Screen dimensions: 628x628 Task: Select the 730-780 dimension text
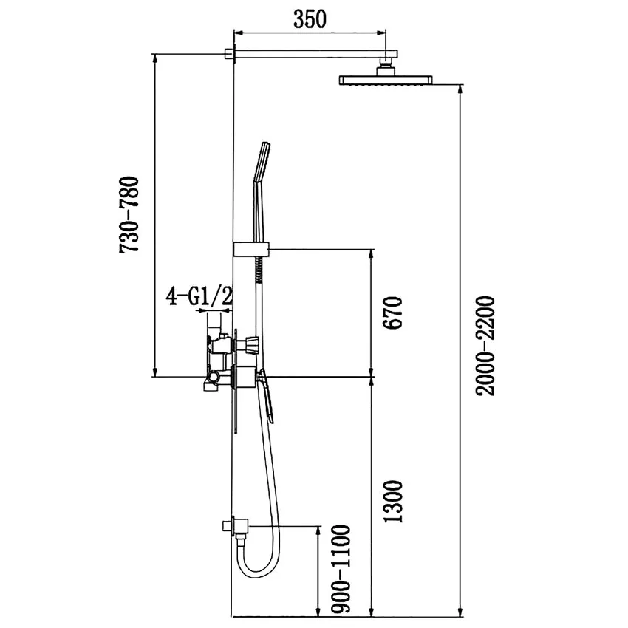point(131,215)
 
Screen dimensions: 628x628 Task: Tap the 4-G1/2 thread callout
point(199,297)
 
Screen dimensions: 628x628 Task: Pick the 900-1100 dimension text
point(340,569)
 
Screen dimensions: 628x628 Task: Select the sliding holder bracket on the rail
point(251,249)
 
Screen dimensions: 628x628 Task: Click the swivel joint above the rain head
point(385,67)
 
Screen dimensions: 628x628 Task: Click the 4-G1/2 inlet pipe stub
point(215,322)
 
